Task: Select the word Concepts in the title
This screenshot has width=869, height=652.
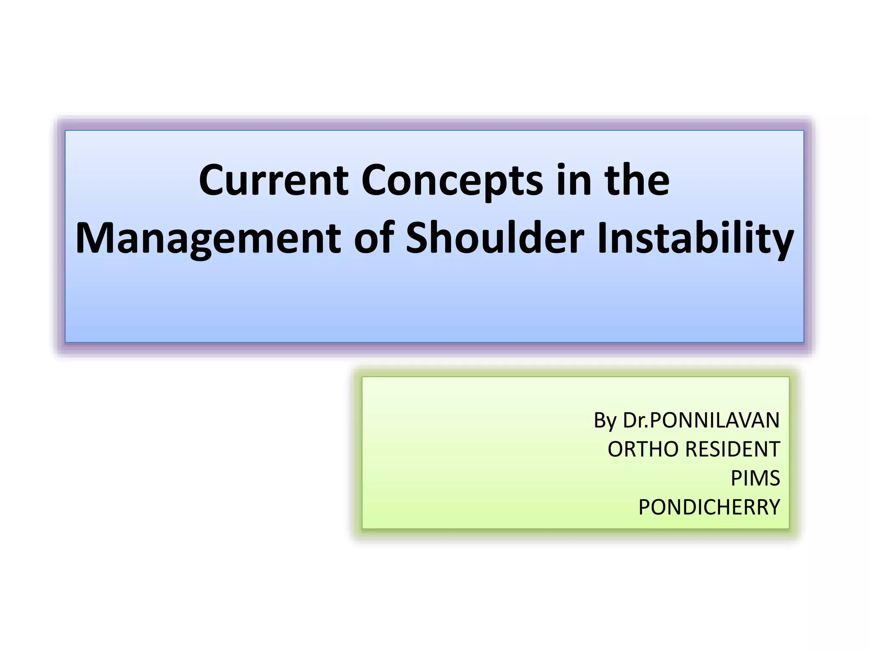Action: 452,182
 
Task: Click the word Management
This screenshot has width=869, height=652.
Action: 208,239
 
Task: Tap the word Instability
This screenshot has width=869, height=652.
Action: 695,239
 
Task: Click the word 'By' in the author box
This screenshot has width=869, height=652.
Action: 605,421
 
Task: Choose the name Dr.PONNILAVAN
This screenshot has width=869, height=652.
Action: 701,420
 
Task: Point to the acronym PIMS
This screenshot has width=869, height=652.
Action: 755,478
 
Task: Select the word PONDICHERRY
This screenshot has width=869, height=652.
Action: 709,507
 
